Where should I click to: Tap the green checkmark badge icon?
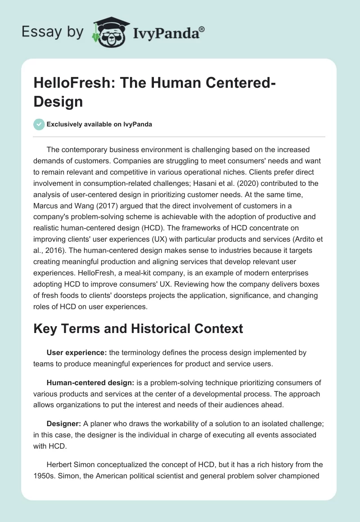(39, 124)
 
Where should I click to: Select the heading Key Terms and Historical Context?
(138, 328)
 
